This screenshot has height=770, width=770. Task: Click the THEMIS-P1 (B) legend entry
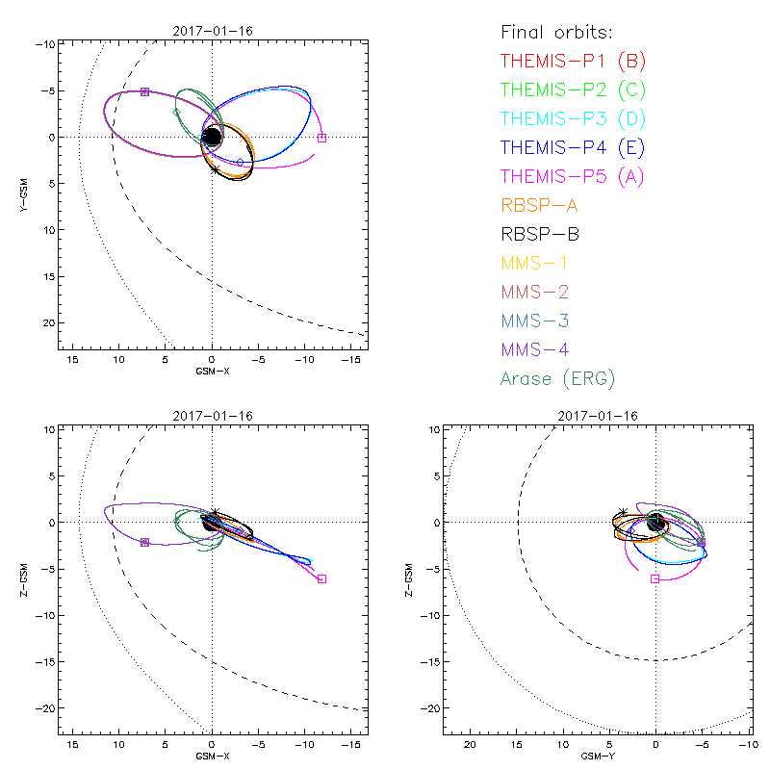(x=573, y=62)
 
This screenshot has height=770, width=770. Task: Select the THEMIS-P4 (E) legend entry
(x=573, y=148)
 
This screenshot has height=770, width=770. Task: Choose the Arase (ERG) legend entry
(x=557, y=378)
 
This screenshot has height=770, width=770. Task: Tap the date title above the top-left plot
(x=213, y=32)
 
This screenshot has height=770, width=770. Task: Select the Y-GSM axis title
(x=26, y=194)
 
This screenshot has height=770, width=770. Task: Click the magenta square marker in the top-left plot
(x=321, y=138)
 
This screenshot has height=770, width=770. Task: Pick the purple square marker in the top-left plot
(x=144, y=91)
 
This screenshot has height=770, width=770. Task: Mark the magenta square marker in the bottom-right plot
(x=655, y=578)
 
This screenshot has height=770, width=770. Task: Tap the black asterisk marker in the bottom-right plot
(x=624, y=512)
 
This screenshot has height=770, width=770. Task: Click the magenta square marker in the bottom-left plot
(x=321, y=578)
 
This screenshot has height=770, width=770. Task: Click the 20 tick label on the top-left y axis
(x=45, y=322)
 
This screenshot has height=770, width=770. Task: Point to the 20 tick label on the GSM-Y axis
(x=470, y=746)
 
